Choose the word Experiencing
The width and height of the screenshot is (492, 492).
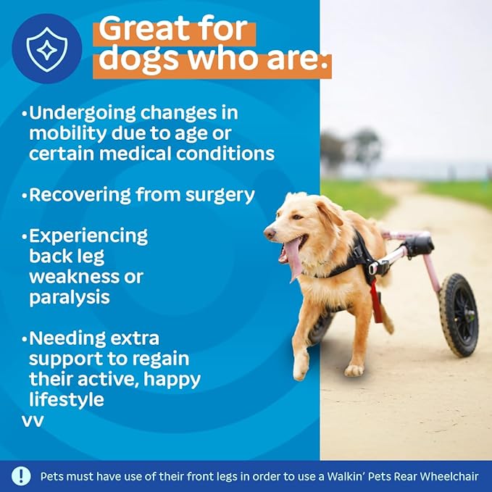88,235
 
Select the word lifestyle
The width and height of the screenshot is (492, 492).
67,399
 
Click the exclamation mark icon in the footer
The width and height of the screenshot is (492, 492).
21,476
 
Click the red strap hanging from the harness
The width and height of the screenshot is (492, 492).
376,303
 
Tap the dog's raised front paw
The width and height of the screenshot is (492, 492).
300,368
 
